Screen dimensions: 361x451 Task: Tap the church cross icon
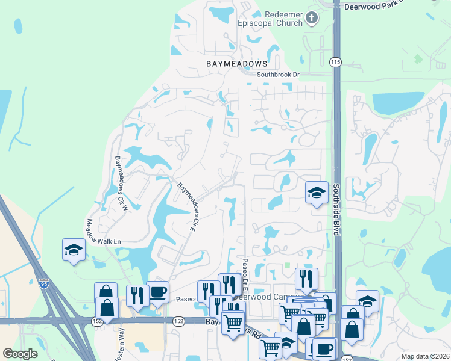coord(312,18)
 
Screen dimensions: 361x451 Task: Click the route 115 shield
coord(336,63)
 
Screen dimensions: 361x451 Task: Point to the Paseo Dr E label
coord(245,273)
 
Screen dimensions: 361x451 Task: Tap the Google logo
coord(20,354)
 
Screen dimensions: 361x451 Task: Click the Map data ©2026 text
coord(424,356)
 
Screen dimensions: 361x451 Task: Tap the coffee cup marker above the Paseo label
coord(157,292)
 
